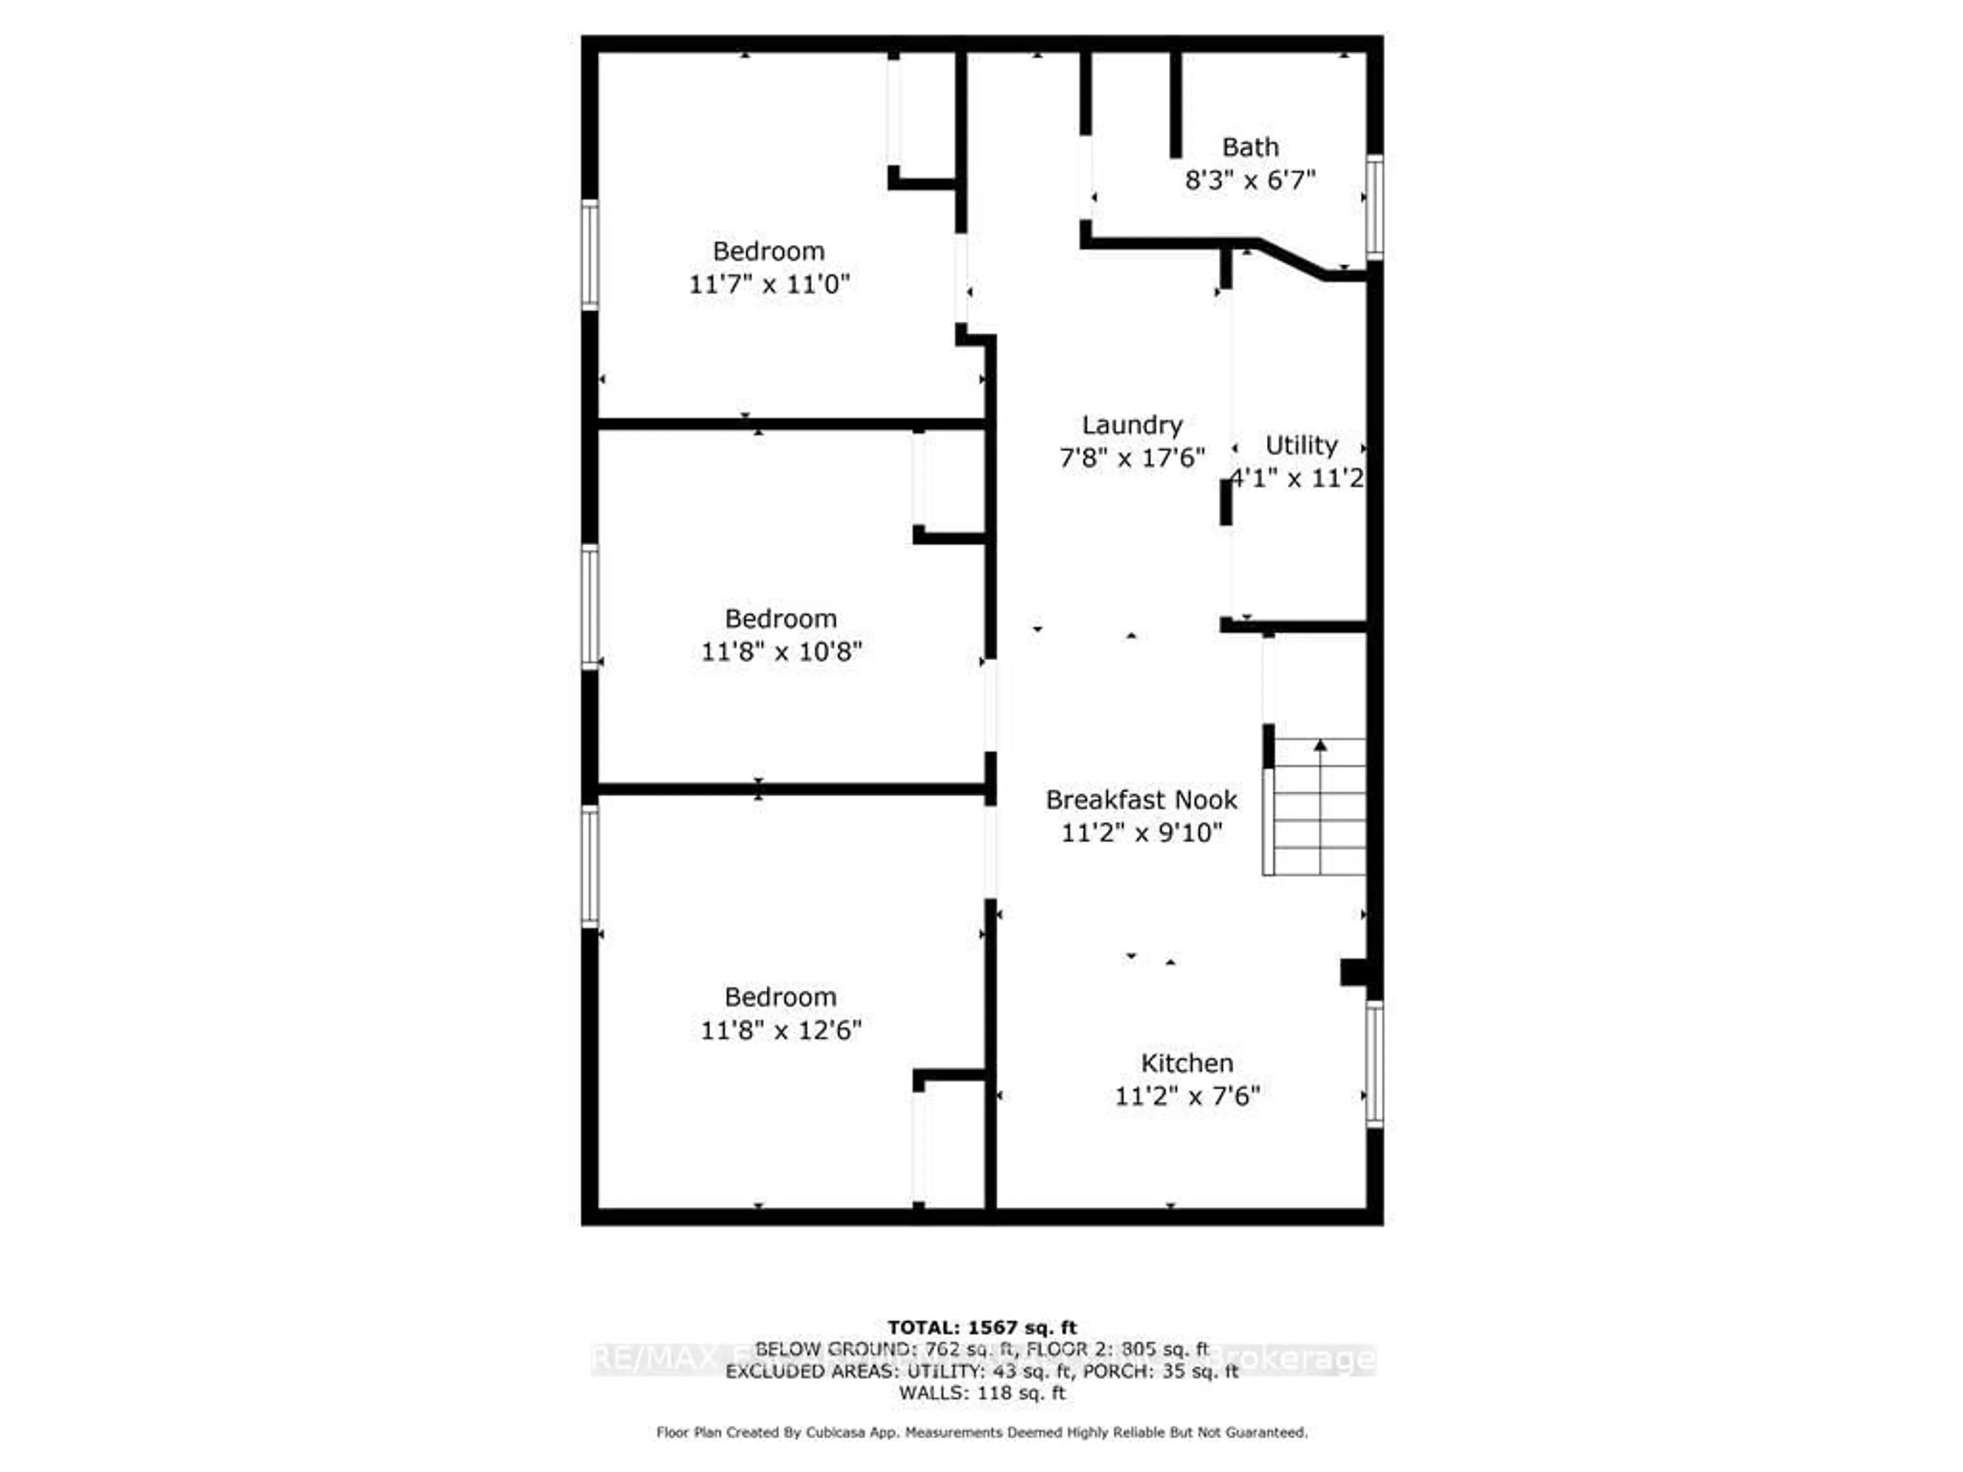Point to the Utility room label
tap(1301, 445)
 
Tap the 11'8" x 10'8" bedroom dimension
tap(781, 652)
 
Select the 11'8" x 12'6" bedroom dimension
tap(781, 1030)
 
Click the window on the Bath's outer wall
tap(1374, 206)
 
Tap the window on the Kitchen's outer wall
tap(1374, 1064)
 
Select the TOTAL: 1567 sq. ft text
tap(981, 1327)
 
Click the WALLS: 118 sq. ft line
tap(981, 1393)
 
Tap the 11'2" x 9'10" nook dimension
tap(1141, 833)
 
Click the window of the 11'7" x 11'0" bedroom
tap(590, 256)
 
